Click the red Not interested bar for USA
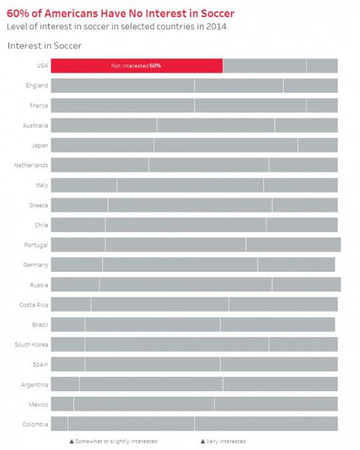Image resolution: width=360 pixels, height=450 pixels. [x=137, y=65]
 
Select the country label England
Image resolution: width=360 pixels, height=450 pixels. [x=37, y=85]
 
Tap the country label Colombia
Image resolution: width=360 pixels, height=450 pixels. [x=35, y=424]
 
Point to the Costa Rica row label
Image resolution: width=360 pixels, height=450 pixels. [x=33, y=305]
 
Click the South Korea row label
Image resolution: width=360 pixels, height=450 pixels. [x=31, y=345]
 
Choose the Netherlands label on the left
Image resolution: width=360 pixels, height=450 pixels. [x=31, y=165]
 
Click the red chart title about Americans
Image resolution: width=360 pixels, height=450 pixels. [x=120, y=13]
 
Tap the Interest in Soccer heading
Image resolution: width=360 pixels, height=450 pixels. [x=44, y=45]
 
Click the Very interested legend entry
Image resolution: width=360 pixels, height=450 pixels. [x=223, y=441]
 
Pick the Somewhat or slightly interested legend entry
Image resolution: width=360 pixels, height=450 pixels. [x=113, y=441]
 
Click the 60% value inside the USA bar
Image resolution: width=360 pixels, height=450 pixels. [x=155, y=66]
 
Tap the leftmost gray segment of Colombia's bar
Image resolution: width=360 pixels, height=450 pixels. [x=59, y=424]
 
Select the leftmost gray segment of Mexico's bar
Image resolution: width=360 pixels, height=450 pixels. [x=62, y=404]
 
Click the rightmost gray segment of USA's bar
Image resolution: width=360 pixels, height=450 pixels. [x=322, y=65]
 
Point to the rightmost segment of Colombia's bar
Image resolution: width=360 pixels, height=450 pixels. [x=266, y=424]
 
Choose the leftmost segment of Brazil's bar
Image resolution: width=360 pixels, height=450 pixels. [x=68, y=325]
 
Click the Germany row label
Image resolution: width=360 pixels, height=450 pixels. [x=35, y=265]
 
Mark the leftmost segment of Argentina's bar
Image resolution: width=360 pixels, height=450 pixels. [x=65, y=384]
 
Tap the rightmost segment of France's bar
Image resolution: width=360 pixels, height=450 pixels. [x=322, y=105]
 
